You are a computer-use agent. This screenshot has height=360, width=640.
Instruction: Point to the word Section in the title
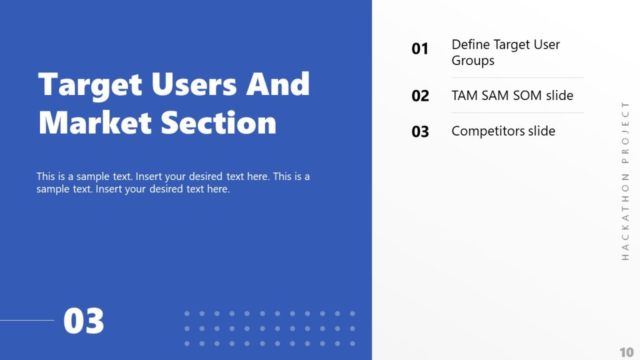click(219, 122)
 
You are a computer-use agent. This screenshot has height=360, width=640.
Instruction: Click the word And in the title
click(278, 84)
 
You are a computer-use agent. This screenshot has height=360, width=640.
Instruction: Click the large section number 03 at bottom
click(84, 321)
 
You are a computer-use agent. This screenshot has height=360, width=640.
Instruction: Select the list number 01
click(420, 49)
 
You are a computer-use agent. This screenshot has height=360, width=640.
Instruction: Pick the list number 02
click(420, 96)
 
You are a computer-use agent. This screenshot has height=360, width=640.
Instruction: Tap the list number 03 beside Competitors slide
click(420, 132)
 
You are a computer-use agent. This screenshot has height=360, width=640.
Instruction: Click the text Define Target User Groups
click(505, 52)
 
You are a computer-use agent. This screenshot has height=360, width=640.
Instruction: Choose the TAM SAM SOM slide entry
click(512, 96)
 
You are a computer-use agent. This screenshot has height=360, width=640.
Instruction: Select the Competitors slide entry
click(503, 131)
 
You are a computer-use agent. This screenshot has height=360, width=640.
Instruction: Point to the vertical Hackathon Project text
click(625, 181)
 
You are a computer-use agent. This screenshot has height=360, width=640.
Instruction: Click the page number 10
click(626, 351)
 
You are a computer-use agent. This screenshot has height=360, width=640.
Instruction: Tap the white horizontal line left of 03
click(27, 321)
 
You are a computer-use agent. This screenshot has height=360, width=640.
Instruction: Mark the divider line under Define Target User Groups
click(517, 77)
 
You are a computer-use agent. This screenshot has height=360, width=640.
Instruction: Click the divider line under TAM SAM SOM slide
click(517, 113)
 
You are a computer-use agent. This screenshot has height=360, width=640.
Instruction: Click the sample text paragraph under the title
click(173, 182)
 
